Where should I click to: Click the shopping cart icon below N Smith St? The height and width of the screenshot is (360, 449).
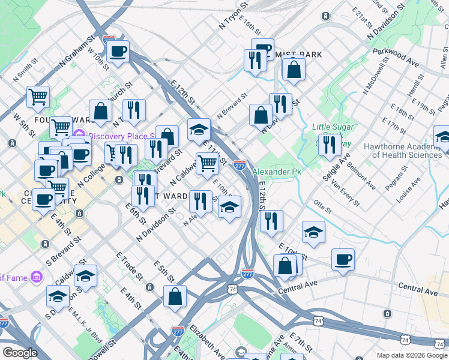point(38,95)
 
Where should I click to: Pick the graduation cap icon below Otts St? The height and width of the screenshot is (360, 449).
point(313,233)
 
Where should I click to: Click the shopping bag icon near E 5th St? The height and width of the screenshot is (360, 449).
point(175,296)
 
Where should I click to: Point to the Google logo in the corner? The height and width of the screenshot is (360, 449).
point(20,353)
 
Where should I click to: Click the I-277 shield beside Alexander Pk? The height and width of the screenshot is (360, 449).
point(240,164)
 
